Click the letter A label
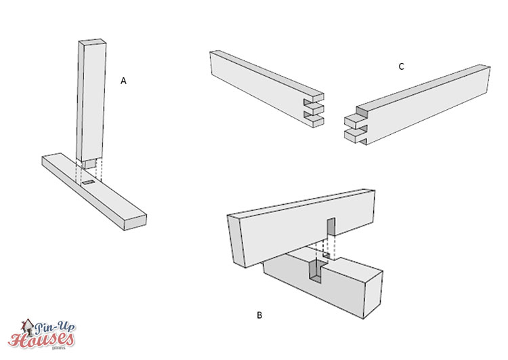tap(123, 81)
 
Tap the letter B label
tap(259, 315)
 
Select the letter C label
tap(401, 66)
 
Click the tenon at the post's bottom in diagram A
tap(89, 163)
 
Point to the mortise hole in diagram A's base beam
tap(89, 184)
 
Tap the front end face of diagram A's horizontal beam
tap(135, 220)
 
